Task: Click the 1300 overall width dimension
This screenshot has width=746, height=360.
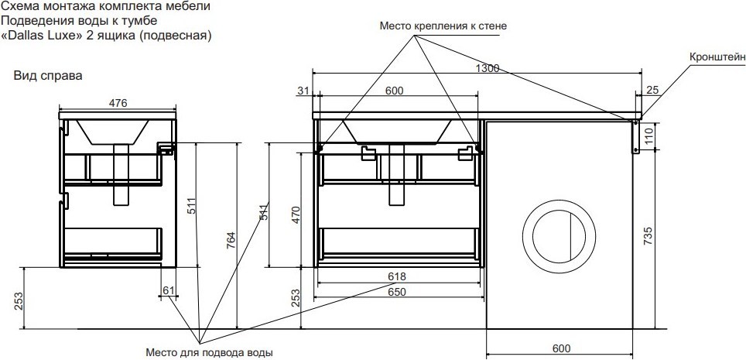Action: [x=488, y=68]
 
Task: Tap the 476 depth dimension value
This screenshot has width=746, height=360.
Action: [x=118, y=103]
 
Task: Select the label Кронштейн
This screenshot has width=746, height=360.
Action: [x=717, y=57]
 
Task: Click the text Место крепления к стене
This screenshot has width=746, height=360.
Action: [x=443, y=26]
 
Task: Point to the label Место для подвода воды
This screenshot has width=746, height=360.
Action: [x=209, y=353]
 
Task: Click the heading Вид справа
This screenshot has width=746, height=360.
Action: [x=48, y=76]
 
